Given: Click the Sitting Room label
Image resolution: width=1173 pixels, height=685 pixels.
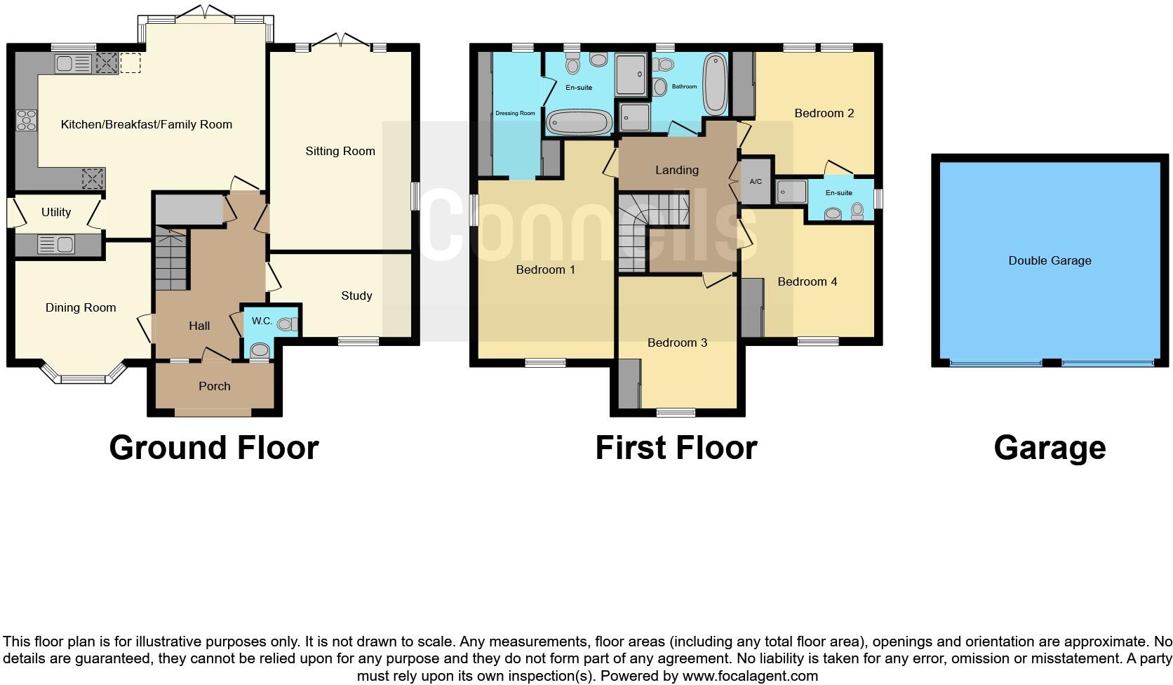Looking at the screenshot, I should pyautogui.click(x=340, y=151).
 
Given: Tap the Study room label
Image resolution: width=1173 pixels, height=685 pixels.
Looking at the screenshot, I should pyautogui.click(x=356, y=295).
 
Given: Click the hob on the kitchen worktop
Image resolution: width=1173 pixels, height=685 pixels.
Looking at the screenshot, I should pyautogui.click(x=26, y=121).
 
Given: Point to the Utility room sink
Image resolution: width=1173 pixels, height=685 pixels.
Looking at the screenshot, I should pyautogui.click(x=56, y=245).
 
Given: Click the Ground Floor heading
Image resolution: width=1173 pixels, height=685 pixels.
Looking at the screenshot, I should pyautogui.click(x=214, y=448).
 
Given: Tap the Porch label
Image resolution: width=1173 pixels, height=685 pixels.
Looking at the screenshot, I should pyautogui.click(x=214, y=386).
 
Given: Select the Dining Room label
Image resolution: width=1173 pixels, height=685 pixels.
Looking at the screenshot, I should pyautogui.click(x=81, y=307).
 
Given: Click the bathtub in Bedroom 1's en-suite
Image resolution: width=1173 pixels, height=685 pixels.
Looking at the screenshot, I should pyautogui.click(x=579, y=124).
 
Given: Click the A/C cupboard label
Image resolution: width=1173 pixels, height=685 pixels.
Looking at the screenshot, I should pyautogui.click(x=756, y=182).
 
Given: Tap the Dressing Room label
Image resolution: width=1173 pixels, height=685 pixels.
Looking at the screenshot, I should pyautogui.click(x=515, y=113).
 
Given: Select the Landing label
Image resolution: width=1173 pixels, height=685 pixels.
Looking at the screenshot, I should pyautogui.click(x=676, y=170).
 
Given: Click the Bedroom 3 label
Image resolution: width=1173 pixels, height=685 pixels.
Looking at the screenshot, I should pyautogui.click(x=677, y=342).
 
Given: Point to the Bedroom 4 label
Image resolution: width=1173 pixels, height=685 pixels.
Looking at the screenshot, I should pyautogui.click(x=807, y=281).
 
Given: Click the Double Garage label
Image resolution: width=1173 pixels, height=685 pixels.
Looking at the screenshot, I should pyautogui.click(x=1050, y=260).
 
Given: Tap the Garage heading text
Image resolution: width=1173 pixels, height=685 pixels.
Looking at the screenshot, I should pyautogui.click(x=1050, y=448).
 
